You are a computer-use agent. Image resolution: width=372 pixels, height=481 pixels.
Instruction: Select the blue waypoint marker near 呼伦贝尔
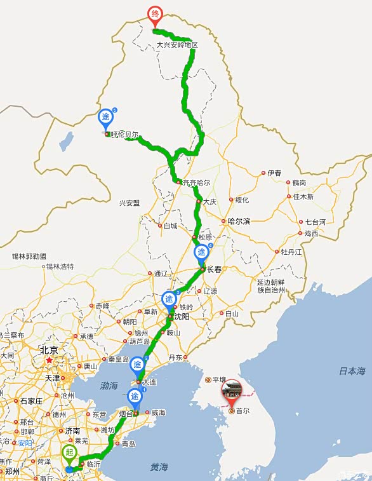coord(105,118)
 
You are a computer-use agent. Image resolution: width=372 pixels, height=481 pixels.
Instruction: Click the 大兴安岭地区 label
coord(178,45)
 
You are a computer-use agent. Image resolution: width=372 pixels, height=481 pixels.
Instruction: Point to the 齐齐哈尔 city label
coord(196,182)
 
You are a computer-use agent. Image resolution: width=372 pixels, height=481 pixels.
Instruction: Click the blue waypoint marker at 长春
coord(201,253)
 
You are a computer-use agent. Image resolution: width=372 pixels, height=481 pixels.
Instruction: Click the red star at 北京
coord(49,360)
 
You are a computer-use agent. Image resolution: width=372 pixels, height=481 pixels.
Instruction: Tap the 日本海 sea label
coord(352,371)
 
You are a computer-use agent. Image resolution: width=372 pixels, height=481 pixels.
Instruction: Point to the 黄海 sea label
coord(159,467)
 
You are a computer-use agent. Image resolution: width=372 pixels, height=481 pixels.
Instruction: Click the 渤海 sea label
coord(109,386)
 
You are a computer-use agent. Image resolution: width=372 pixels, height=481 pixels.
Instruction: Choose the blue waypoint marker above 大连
coord(137,365)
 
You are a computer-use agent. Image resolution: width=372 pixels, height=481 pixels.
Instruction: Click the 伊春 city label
coord(274,173)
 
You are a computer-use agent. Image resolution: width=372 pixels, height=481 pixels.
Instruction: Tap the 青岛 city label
coord(128,444)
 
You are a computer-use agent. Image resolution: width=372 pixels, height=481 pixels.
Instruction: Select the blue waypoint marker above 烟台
coord(135,397)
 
